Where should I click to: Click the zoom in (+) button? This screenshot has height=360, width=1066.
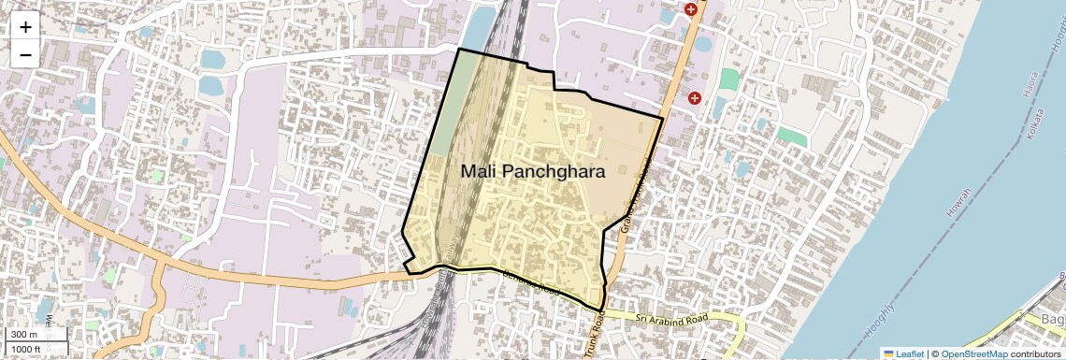(25, 26)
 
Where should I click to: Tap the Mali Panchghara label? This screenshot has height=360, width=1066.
(532, 172)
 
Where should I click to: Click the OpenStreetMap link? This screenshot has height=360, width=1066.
(973, 353)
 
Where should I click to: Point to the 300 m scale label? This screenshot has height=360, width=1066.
(25, 335)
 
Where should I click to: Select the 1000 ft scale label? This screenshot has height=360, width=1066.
(28, 349)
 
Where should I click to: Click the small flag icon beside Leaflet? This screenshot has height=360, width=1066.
(888, 353)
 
